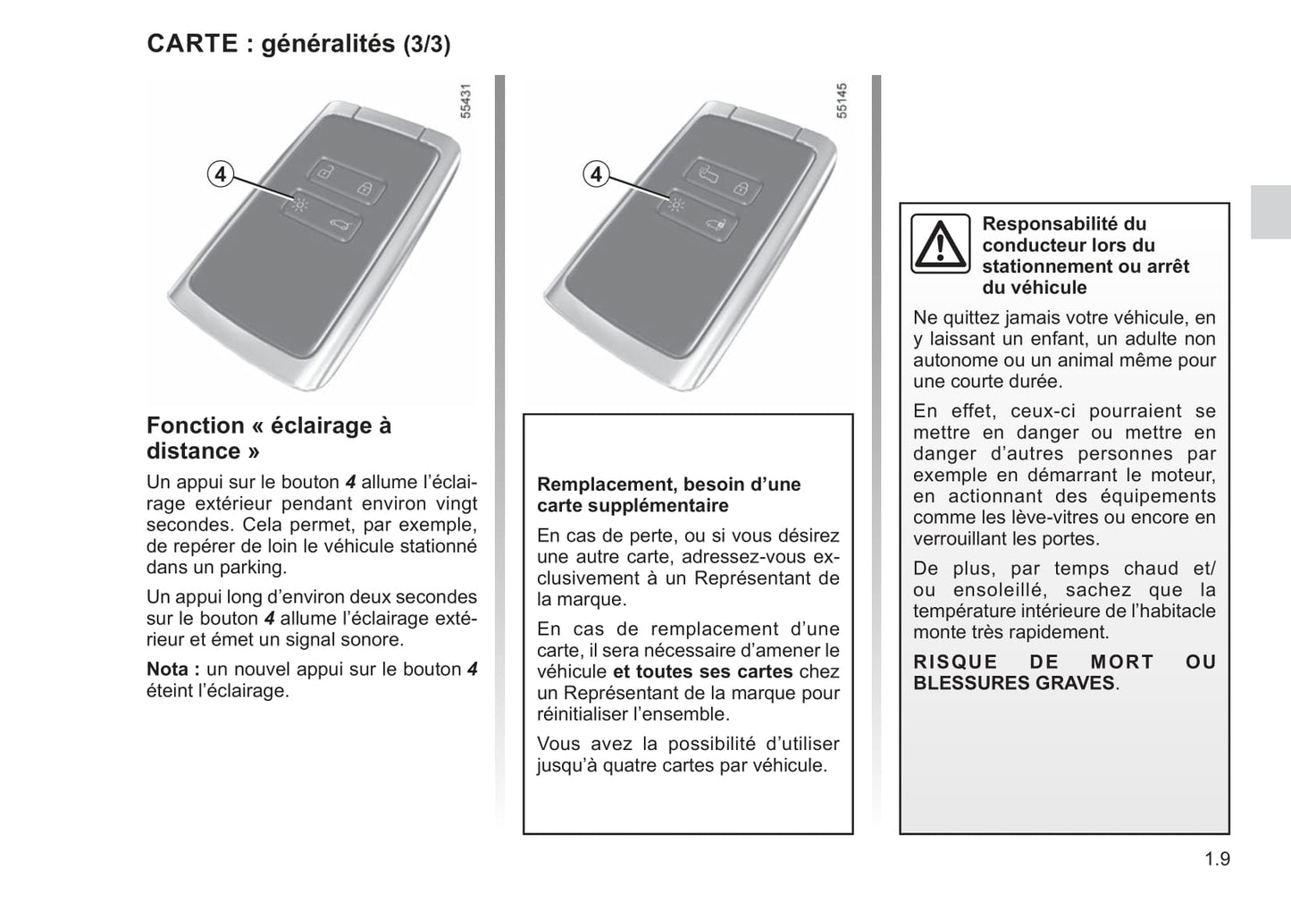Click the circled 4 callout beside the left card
(x=220, y=174)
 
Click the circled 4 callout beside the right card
(x=596, y=174)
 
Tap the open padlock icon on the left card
(x=326, y=172)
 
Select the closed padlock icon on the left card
(x=365, y=188)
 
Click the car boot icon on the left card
(x=340, y=226)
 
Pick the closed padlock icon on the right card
(x=742, y=188)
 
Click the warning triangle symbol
(x=940, y=243)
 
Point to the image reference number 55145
(x=842, y=101)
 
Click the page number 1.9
(x=1216, y=860)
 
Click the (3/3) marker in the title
(x=426, y=45)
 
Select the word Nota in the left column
(x=168, y=670)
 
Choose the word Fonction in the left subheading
(x=195, y=426)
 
